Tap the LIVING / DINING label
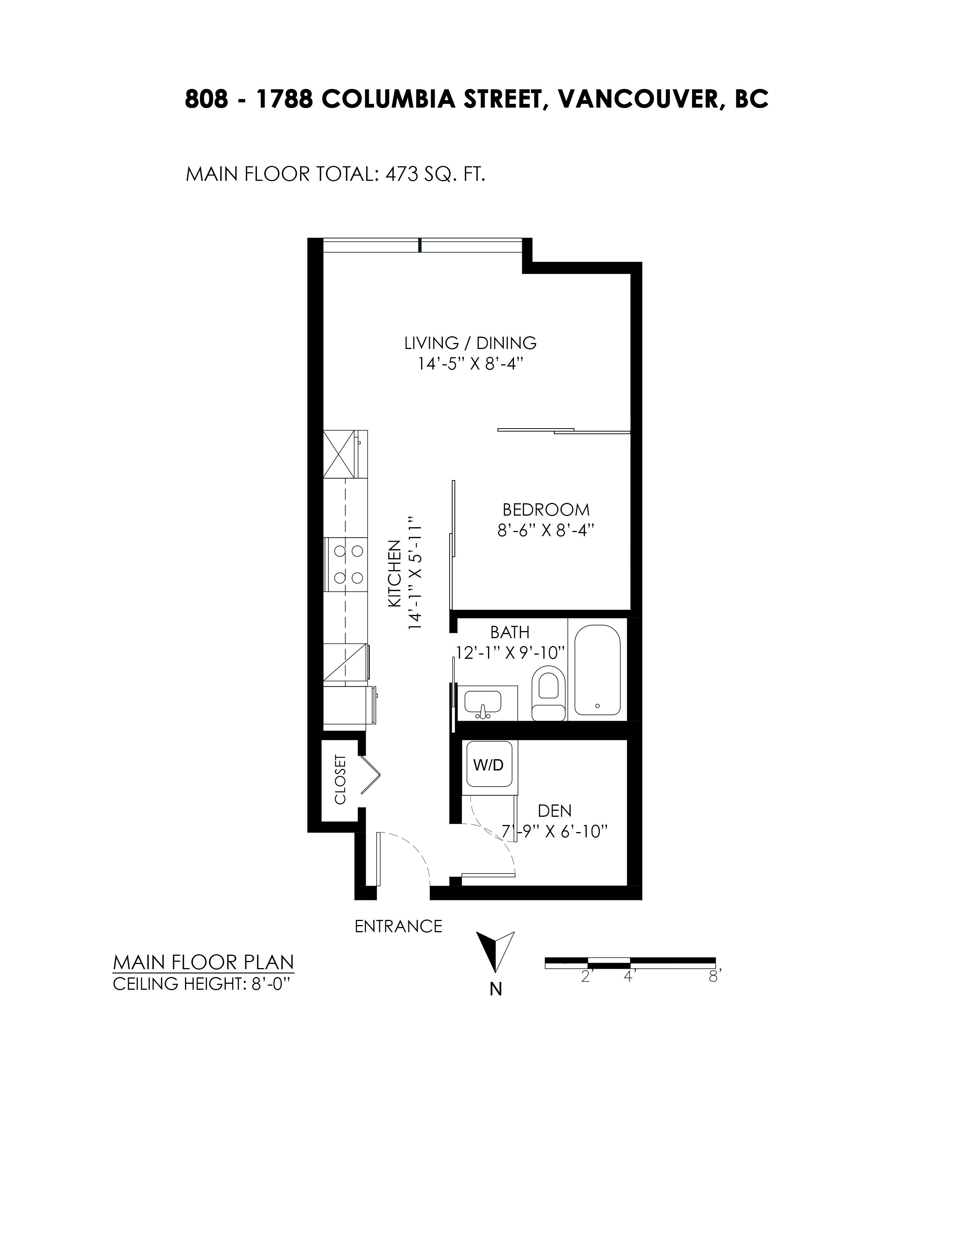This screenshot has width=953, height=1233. coord(470,343)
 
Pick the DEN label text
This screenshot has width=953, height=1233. coord(554,811)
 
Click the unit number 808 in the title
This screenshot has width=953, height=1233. coord(207,100)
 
